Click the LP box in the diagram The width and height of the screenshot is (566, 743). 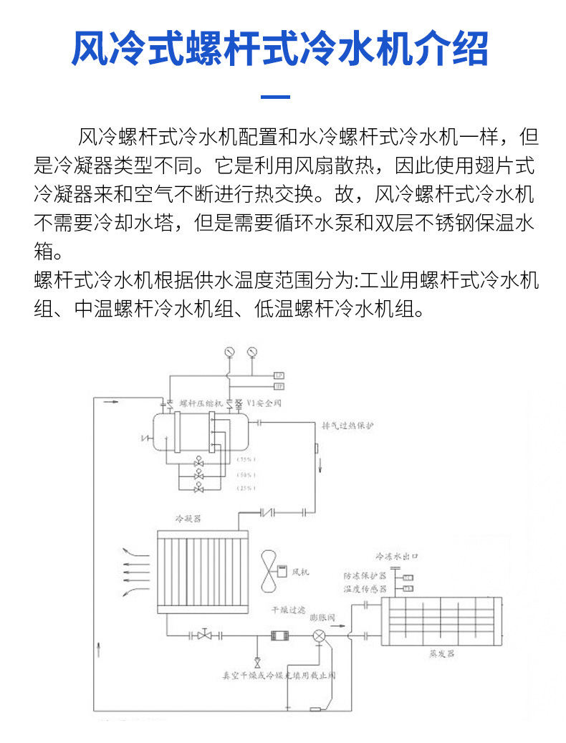click(280, 375)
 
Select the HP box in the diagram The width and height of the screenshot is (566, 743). click(280, 385)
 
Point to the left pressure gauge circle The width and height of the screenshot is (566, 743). click(229, 352)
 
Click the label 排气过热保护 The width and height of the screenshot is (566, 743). click(348, 426)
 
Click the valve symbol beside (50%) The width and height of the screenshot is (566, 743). click(198, 474)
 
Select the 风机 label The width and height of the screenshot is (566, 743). click(301, 572)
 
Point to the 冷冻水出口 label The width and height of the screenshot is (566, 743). click(396, 556)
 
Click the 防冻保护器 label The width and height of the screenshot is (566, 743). click(365, 576)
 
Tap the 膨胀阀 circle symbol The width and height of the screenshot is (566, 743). click(319, 636)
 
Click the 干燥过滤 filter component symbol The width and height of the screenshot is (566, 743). click(279, 636)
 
